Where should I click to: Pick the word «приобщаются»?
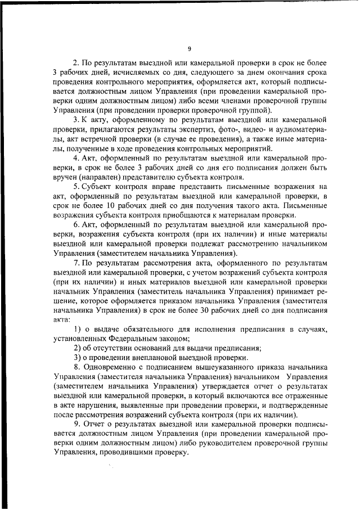click(186, 215)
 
